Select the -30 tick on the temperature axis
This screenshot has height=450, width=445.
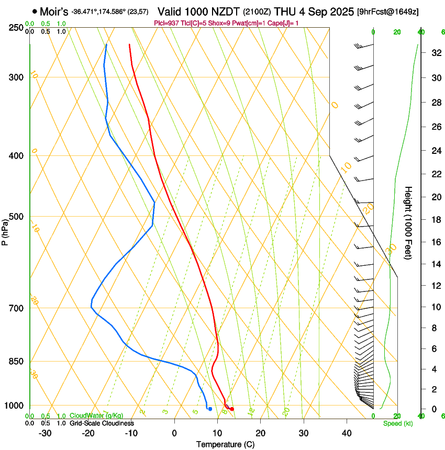(x=45, y=433)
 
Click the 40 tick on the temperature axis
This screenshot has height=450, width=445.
(x=347, y=433)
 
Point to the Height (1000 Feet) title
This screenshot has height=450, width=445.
(x=409, y=223)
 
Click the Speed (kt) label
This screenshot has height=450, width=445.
(x=397, y=423)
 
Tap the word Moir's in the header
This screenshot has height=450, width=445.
(x=54, y=12)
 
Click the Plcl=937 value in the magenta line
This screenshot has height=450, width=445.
(x=166, y=23)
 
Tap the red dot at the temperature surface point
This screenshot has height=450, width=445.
(x=232, y=409)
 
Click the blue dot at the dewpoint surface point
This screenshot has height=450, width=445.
(x=210, y=409)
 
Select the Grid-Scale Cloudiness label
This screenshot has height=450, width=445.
(x=102, y=423)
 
